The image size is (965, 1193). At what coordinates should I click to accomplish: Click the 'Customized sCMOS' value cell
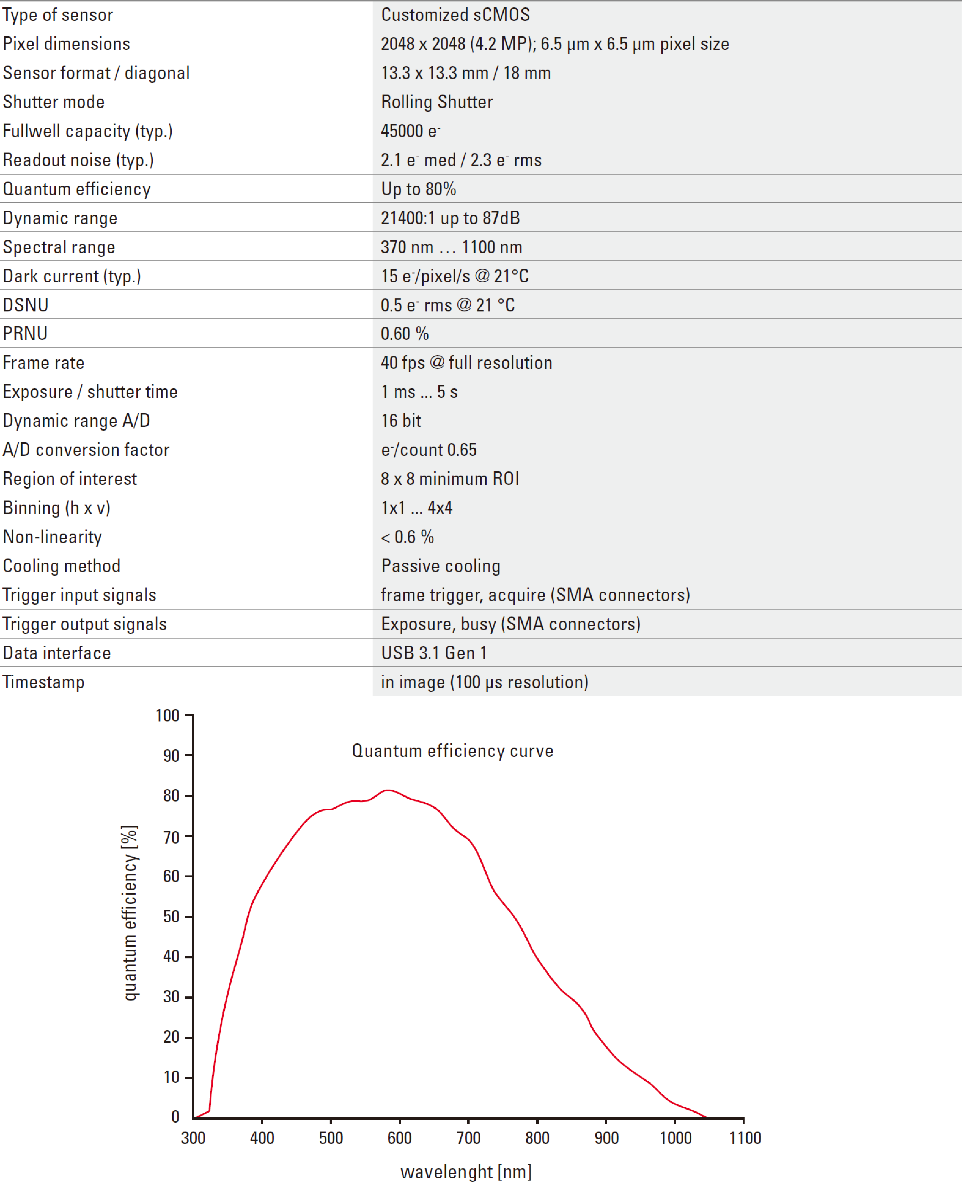455,15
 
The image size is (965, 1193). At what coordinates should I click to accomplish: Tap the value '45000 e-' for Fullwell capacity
410,131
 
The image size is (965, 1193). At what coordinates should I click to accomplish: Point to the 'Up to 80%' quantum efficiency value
419,189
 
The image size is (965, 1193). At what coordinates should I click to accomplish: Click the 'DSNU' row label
26,305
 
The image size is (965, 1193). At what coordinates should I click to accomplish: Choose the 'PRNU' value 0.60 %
405,334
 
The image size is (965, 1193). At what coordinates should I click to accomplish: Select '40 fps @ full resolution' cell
466,363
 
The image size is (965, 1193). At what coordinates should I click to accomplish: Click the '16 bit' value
401,421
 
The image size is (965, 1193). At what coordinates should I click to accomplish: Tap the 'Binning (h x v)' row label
57,508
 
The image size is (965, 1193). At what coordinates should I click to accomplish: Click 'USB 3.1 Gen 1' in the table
434,653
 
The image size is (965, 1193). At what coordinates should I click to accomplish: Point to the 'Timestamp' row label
44,683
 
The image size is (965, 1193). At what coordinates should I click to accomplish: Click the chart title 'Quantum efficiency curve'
452,751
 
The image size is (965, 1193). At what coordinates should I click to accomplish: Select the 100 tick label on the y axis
167,716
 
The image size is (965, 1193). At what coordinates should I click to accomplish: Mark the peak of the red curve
388,790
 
